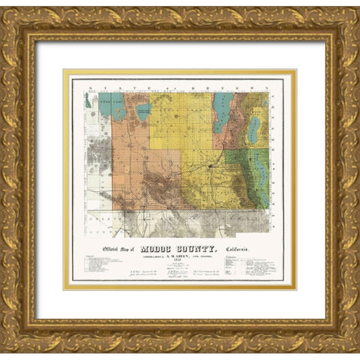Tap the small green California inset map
[x=88, y=100]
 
